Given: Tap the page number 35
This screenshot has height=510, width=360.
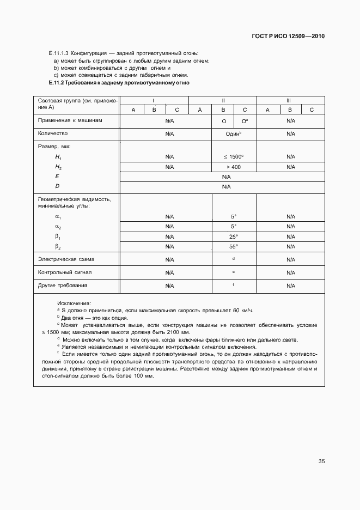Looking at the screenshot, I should tap(321, 461).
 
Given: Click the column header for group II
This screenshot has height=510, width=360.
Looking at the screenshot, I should tap(223, 101).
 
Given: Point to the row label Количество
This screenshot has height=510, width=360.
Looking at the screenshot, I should tap(53, 133).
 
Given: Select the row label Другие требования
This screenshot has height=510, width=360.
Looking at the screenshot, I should tap(63, 285).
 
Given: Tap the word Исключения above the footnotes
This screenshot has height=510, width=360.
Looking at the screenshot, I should tap(74, 303).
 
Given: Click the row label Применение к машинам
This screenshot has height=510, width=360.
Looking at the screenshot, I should tap(70, 120).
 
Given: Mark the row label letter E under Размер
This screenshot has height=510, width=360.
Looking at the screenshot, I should tap(57, 177).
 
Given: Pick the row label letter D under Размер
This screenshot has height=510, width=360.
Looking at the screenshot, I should tap(57, 187).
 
